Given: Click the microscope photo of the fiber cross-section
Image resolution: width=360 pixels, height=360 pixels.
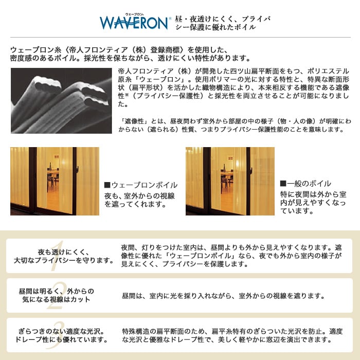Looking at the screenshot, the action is pos(61,101).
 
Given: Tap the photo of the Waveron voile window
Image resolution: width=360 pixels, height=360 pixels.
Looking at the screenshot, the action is pos(55,181).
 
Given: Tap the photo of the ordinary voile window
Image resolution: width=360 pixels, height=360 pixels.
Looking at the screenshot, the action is pos(230,181).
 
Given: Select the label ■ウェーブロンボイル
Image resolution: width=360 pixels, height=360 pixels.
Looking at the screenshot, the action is pos(141,185).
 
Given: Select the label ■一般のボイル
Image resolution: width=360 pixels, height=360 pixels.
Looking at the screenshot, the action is pos(305,184).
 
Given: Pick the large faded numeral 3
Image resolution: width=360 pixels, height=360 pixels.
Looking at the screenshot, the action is pos(56,335).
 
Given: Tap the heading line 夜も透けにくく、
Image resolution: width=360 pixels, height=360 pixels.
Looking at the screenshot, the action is pos(64,252).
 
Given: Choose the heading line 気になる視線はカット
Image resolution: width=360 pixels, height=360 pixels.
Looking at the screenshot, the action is pos(56,299).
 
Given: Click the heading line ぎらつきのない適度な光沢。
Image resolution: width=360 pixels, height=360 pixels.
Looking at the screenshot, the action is pos(61,331).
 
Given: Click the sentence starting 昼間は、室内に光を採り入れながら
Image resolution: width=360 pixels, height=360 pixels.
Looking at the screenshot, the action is pos(223,296).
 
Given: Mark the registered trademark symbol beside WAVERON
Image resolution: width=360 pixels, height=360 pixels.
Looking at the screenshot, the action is pos(170,19).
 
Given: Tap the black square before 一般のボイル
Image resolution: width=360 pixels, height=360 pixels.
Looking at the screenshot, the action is pos(283,184).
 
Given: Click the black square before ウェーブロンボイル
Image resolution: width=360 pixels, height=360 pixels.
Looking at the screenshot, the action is pos(107,185).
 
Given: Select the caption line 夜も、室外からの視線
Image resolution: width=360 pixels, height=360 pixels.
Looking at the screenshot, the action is pos(139,196).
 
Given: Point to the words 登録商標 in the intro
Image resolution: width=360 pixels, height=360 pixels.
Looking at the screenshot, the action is pos(165,50).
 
